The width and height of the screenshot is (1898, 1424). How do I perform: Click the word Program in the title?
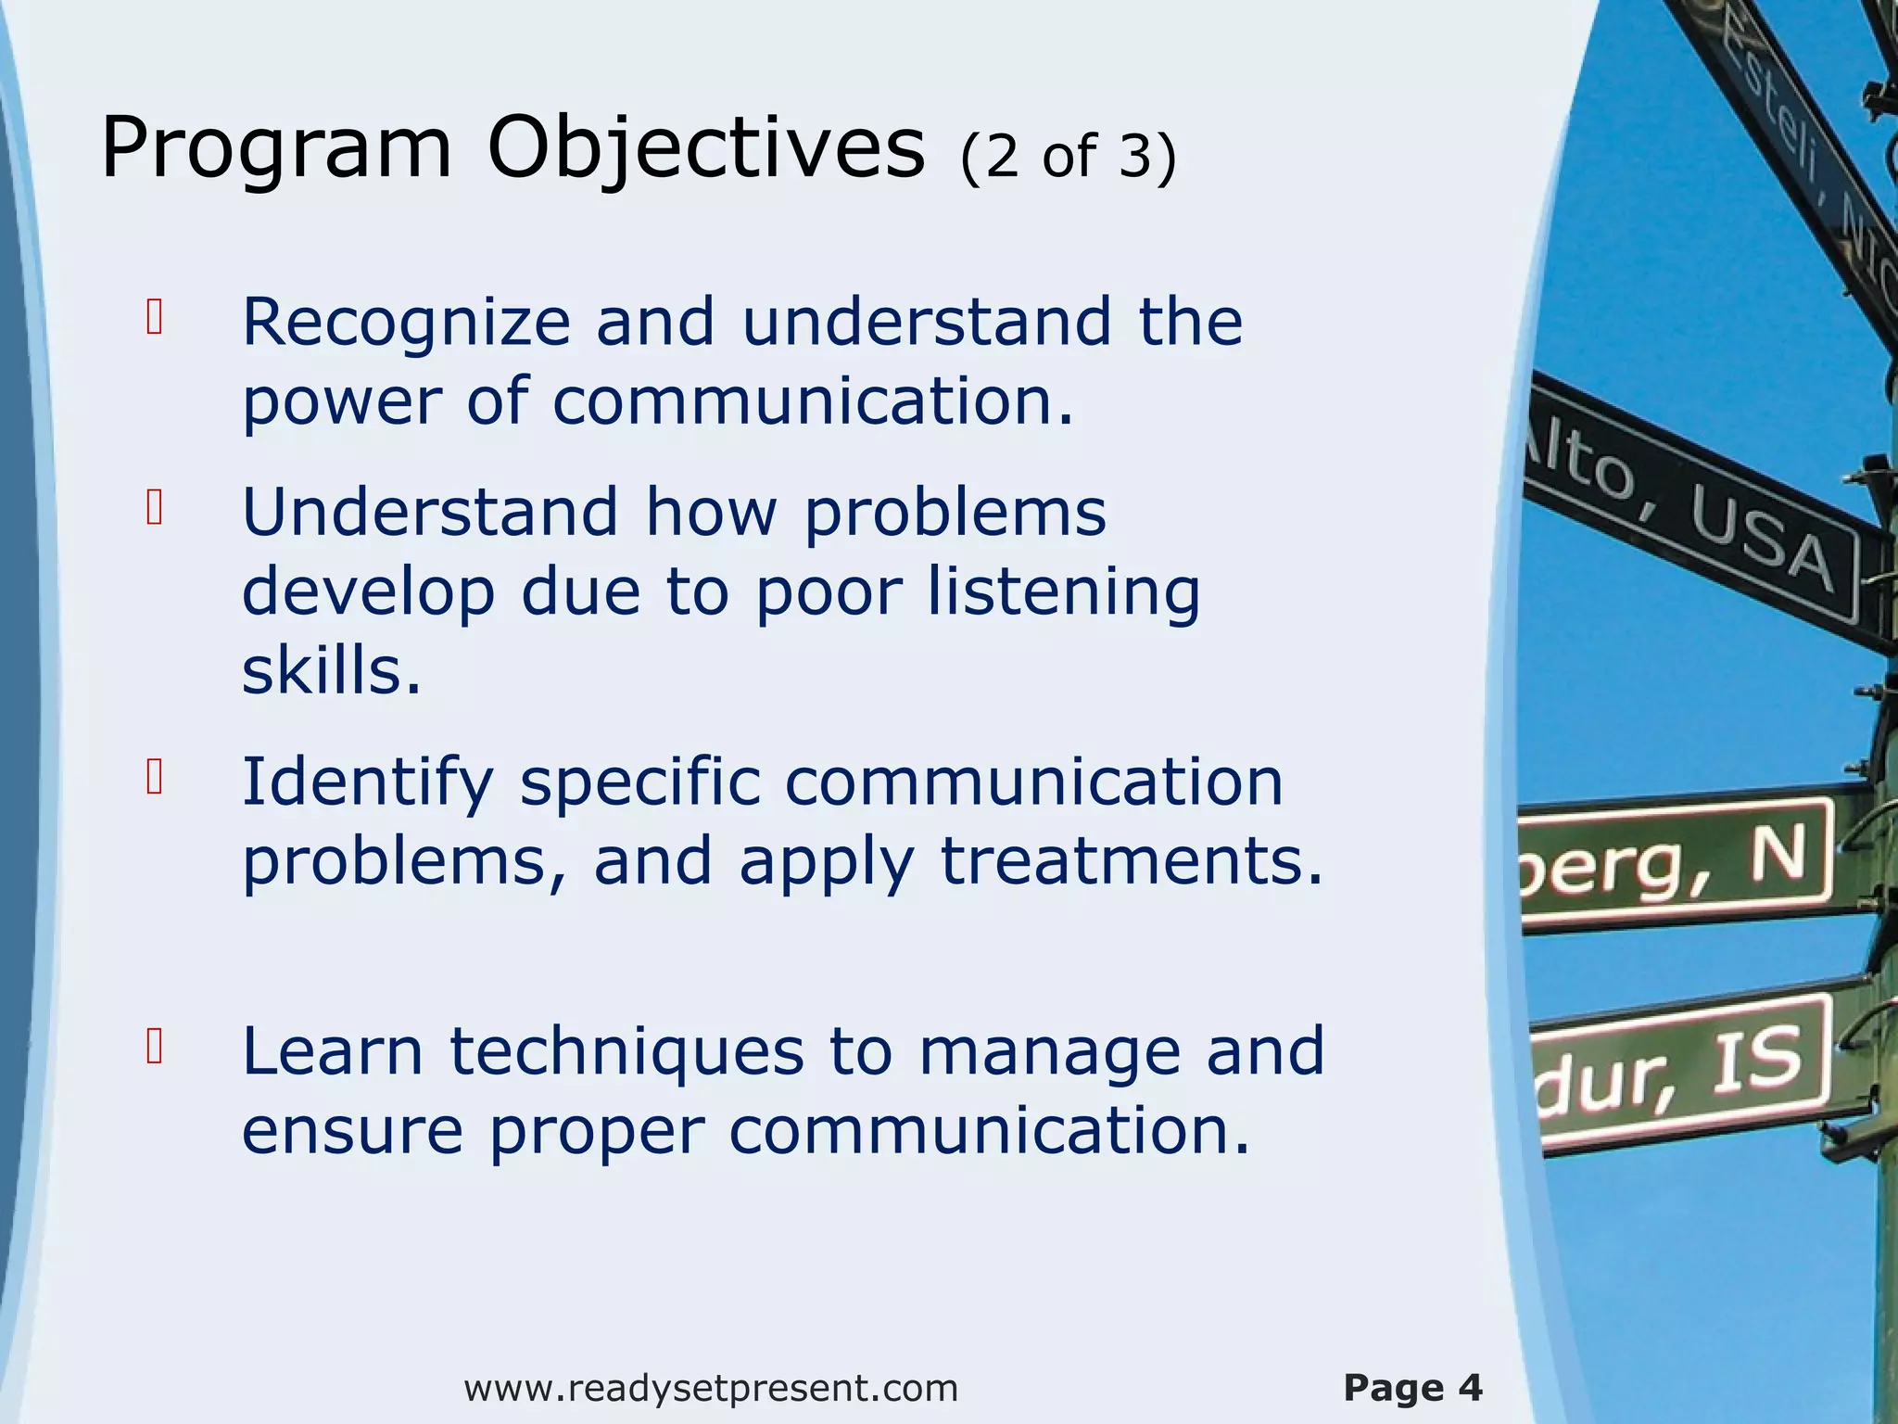pos(276,148)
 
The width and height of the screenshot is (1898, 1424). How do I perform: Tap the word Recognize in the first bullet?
pos(406,323)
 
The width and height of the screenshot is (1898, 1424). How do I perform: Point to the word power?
pos(341,403)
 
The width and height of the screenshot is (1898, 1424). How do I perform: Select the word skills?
pos(331,670)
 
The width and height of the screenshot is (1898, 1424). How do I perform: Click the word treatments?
pos(1132,861)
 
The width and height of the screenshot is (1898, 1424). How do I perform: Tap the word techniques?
pos(627,1052)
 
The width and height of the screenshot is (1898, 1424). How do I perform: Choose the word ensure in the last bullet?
pos(352,1131)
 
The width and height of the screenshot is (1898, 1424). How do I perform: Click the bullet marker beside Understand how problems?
pos(155,507)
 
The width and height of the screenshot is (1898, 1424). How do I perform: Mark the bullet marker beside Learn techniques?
pos(155,1046)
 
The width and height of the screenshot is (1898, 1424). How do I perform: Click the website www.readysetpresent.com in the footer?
pos(711,1388)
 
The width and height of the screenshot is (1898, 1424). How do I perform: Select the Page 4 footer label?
pos(1412,1388)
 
